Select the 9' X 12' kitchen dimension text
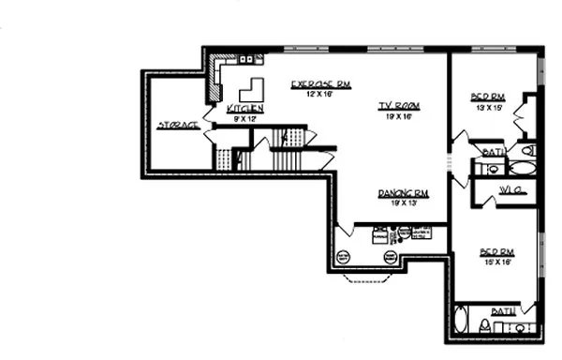pos(244,119)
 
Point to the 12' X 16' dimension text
pos(318,94)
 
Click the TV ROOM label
pos(397,106)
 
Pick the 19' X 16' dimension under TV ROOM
pos(397,116)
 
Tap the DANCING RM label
pos(404,193)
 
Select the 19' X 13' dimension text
pos(404,203)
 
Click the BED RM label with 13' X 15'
pos(487,97)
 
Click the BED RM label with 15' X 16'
pos(496,251)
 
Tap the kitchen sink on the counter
pos(246,59)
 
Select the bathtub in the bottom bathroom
pos(461,320)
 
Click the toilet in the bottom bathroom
pos(484,325)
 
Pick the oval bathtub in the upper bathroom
pos(521,169)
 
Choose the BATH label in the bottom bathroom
pos(503,310)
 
